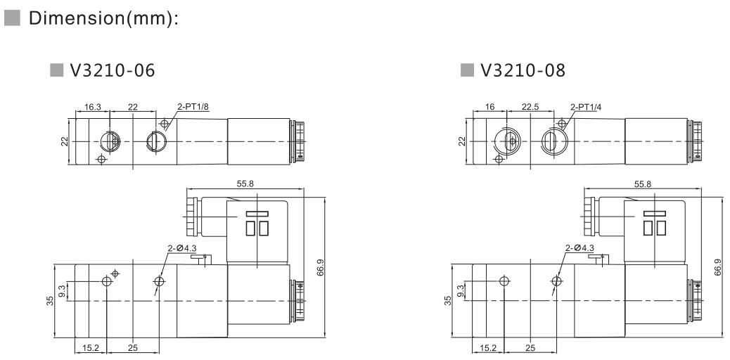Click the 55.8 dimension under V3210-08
click(643, 184)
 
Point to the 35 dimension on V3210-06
click(49, 301)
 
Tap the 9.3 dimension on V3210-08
click(461, 290)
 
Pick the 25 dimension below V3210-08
click(530, 347)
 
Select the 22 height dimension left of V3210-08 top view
click(462, 141)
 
